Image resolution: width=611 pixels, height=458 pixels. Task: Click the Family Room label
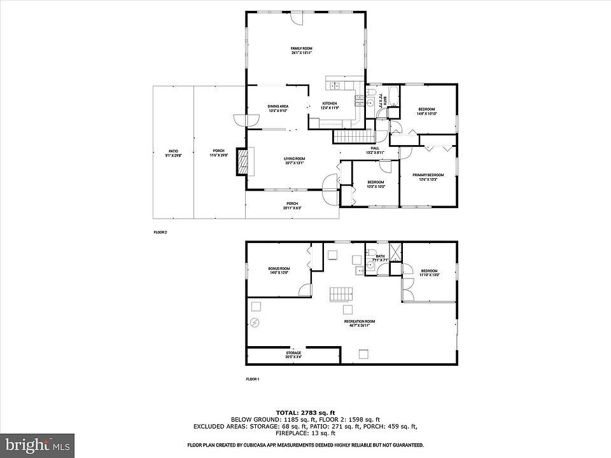(302, 51)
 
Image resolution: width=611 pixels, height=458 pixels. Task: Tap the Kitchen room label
(330, 106)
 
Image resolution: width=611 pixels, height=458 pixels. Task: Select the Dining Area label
(277, 108)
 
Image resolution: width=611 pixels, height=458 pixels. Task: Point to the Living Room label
(294, 160)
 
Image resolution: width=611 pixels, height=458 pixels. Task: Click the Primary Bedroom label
(428, 177)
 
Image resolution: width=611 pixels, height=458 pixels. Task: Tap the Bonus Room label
(279, 270)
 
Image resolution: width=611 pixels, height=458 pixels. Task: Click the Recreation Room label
(360, 323)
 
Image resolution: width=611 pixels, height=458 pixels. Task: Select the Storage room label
(293, 354)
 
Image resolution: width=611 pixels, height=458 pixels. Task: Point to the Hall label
(375, 149)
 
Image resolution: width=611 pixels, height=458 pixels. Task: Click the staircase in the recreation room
(341, 295)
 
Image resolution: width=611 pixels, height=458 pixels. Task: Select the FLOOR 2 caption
(160, 232)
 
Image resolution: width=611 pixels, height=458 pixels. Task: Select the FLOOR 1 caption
(253, 379)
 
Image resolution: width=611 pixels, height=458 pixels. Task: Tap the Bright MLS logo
(37, 445)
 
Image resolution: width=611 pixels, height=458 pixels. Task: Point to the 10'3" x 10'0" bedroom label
(376, 184)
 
